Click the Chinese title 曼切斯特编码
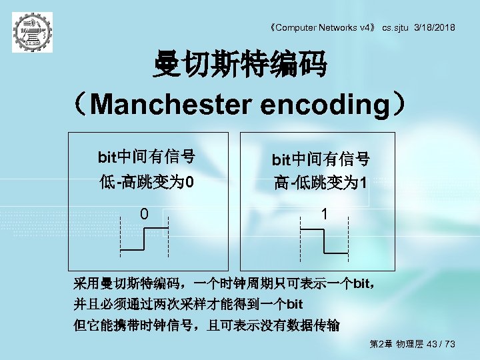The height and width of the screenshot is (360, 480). pyautogui.click(x=240, y=65)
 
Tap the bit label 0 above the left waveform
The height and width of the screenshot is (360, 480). pyautogui.click(x=144, y=214)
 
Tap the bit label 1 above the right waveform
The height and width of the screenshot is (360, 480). pyautogui.click(x=323, y=214)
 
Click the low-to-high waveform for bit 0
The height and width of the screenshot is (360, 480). pyautogui.click(x=144, y=239)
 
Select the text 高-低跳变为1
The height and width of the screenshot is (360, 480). pyautogui.click(x=320, y=183)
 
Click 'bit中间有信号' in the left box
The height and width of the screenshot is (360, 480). pyautogui.click(x=147, y=157)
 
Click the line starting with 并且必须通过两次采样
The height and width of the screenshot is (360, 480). pyautogui.click(x=189, y=305)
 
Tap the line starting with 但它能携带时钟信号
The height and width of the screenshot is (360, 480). pyautogui.click(x=206, y=325)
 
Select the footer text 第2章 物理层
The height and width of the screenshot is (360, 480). pyautogui.click(x=396, y=344)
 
